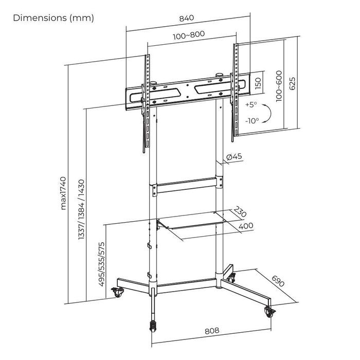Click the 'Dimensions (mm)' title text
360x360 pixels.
click(53, 18)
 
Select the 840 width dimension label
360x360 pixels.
click(186, 18)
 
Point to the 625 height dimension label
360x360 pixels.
click(293, 83)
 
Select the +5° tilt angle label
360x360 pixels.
click(251, 104)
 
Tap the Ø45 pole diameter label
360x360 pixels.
click(235, 157)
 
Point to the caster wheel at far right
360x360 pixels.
click(269, 313)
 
